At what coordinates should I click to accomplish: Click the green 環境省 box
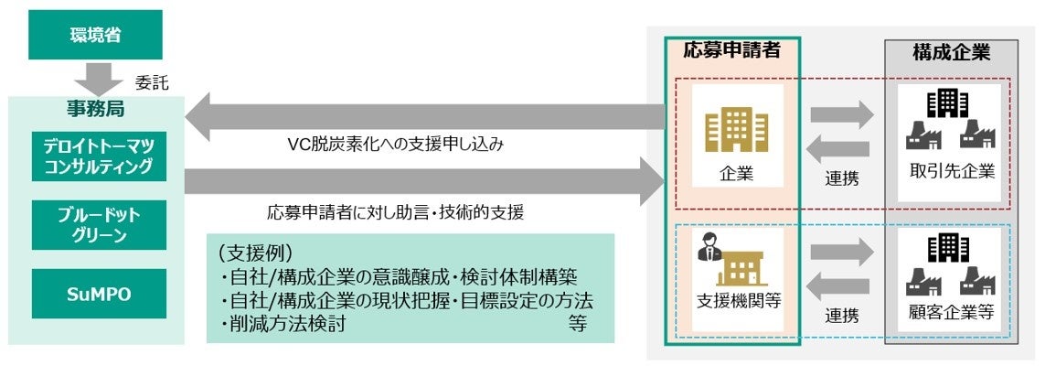(x=95, y=36)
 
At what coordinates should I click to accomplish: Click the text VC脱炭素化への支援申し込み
(x=394, y=145)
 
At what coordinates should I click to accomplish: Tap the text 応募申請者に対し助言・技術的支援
(x=396, y=213)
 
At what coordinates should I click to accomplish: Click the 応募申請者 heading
(x=731, y=51)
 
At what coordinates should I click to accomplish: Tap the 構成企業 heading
(x=951, y=53)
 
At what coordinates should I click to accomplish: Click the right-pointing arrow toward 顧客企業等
(x=842, y=253)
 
